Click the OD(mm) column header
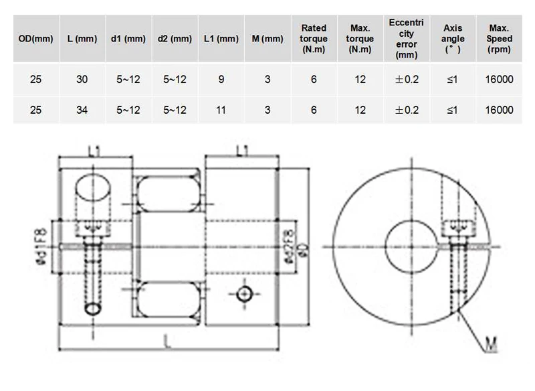[x=36, y=39]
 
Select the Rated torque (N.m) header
[x=314, y=39]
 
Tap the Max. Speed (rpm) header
[x=499, y=39]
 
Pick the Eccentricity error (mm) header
[x=406, y=39]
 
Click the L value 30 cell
[x=82, y=79]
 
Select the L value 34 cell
[x=82, y=110]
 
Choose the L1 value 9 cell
[x=221, y=79]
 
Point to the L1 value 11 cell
[x=221, y=110]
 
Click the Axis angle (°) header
[x=453, y=39]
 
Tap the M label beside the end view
[x=491, y=343]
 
